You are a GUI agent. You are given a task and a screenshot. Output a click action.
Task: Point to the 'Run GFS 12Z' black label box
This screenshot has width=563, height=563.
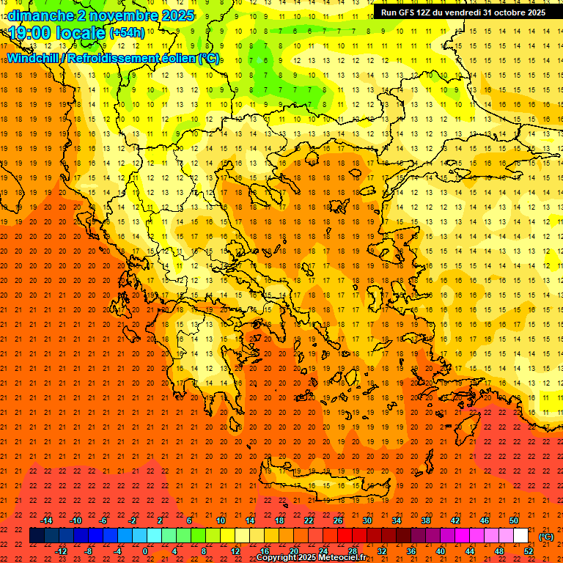(x=463, y=12)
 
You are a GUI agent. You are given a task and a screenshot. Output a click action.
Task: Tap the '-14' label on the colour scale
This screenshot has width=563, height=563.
(x=46, y=520)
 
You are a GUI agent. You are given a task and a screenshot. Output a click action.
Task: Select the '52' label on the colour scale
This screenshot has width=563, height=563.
(x=529, y=551)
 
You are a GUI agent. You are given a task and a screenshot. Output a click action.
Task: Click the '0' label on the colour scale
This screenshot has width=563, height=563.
(x=144, y=551)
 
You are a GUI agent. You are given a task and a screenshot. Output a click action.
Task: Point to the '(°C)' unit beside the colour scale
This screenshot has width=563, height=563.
(x=546, y=537)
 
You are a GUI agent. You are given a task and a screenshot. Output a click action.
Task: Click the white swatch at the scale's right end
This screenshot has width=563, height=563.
(x=521, y=536)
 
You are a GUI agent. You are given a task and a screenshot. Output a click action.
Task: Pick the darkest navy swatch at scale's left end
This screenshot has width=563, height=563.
(x=37, y=536)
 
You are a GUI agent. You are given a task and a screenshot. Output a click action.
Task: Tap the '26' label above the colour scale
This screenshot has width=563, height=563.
(x=338, y=520)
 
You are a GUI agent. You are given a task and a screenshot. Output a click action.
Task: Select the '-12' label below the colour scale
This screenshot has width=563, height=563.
(x=62, y=551)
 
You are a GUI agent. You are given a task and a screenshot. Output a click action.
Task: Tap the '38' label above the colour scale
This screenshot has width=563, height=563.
(x=425, y=520)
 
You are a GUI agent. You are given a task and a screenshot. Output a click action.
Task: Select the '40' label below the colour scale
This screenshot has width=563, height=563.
(x=441, y=551)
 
